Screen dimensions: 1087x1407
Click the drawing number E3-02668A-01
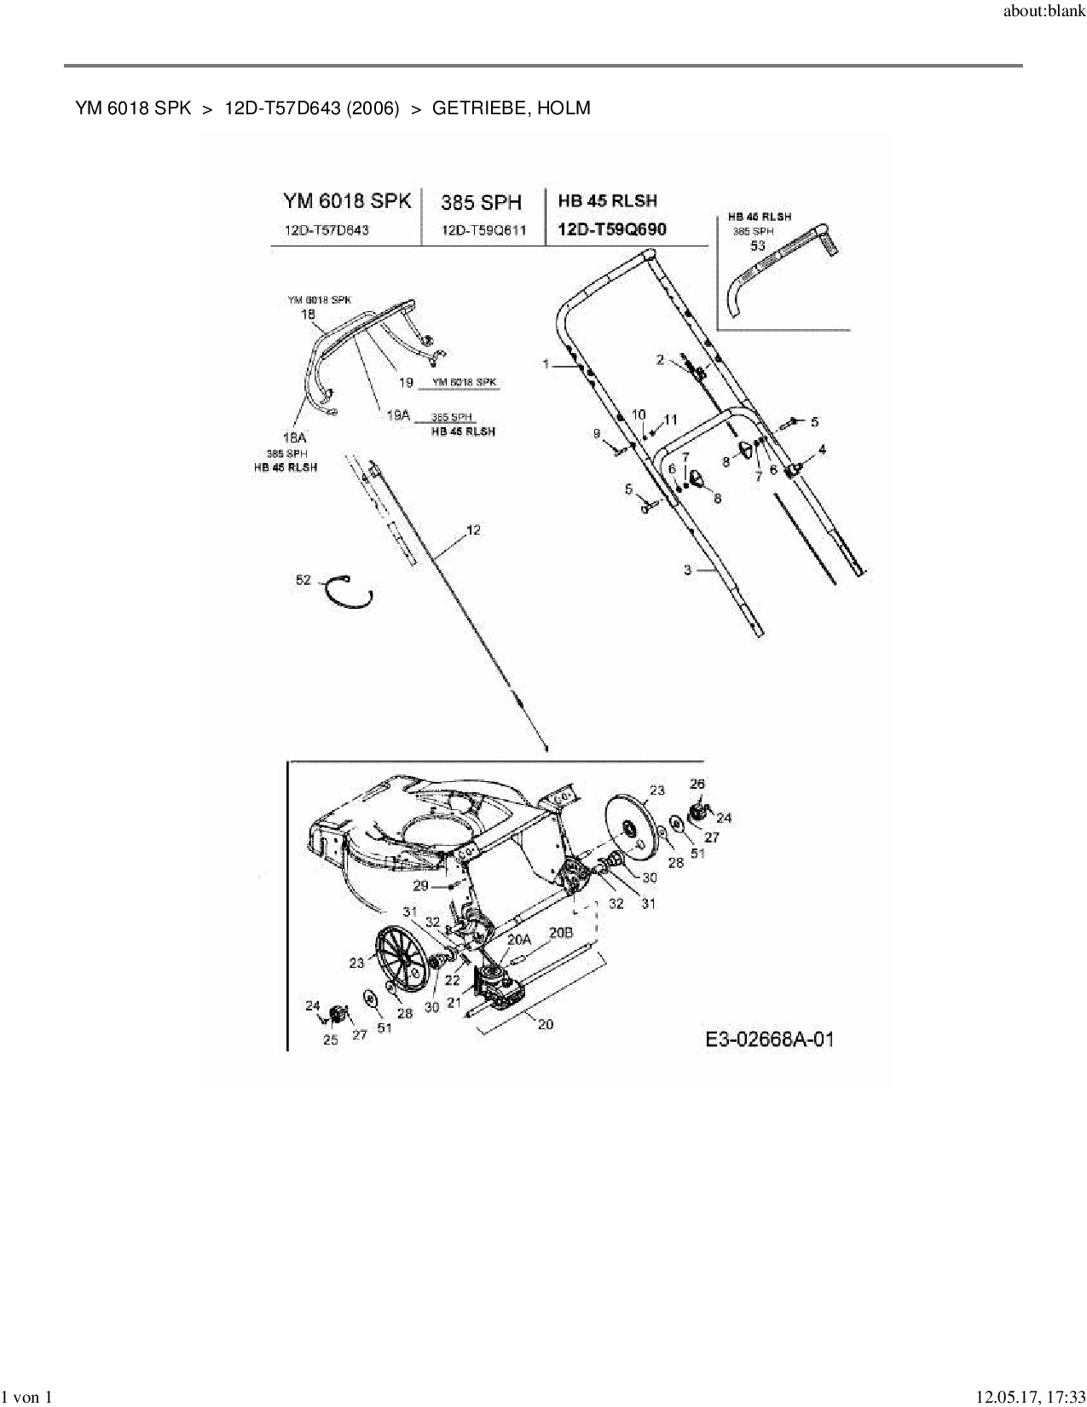[770, 1039]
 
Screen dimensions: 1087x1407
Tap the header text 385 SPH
[481, 202]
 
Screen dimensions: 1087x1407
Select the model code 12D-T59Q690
[612, 229]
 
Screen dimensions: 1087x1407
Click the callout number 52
[304, 580]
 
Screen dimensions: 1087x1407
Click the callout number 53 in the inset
[757, 246]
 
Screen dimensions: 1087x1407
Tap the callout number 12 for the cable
[473, 530]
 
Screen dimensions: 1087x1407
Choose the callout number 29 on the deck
[420, 886]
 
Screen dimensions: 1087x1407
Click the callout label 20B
[560, 933]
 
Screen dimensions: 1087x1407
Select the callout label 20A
[519, 939]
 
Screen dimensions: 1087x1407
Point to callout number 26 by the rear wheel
[697, 784]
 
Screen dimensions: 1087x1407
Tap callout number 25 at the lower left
[331, 1039]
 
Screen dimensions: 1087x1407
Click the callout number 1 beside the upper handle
[546, 364]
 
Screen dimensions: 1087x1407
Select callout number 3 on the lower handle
[688, 570]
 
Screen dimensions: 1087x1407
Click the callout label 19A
[398, 415]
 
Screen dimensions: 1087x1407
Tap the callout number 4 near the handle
[822, 449]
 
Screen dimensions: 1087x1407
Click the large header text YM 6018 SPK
[347, 201]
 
